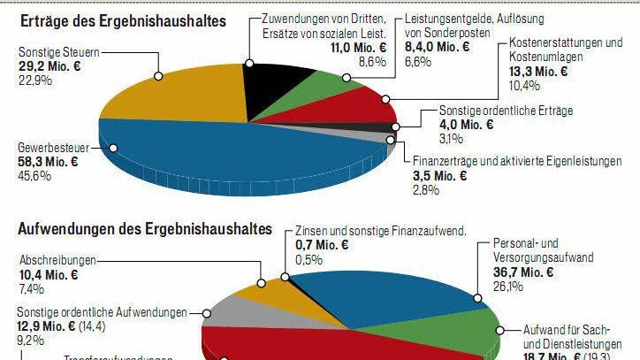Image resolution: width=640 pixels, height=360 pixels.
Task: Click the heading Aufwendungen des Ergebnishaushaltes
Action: tap(144, 230)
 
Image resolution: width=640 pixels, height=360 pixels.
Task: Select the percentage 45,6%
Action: tap(35, 176)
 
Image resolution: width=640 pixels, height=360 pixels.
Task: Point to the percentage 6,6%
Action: tap(418, 62)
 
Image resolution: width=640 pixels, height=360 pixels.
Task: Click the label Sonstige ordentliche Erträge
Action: tap(507, 111)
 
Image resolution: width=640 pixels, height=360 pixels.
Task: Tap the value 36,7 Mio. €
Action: tap(523, 272)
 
